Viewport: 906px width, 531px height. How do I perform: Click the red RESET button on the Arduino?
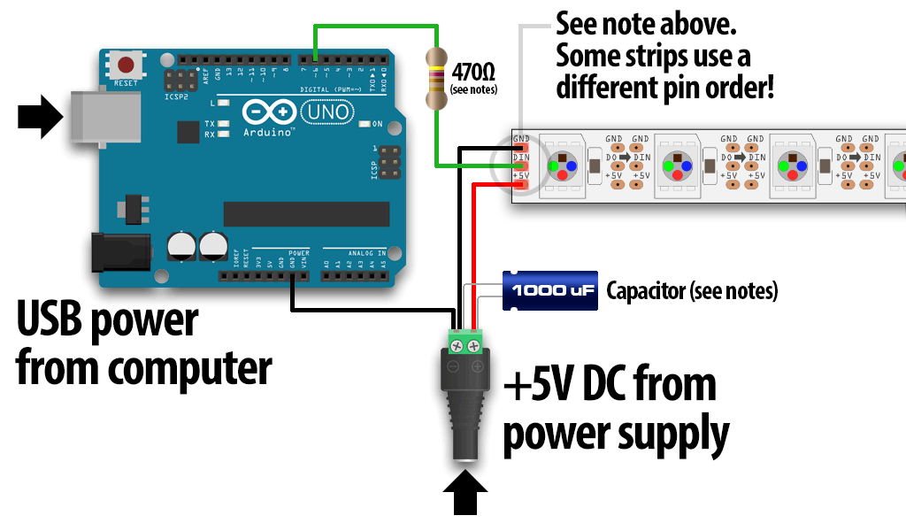[127, 65]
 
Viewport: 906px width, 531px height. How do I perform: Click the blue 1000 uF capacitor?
[550, 290]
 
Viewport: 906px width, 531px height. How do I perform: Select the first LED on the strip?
[563, 165]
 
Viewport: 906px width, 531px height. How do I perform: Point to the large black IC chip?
[306, 214]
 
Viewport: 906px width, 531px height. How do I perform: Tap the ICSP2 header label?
[176, 96]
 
